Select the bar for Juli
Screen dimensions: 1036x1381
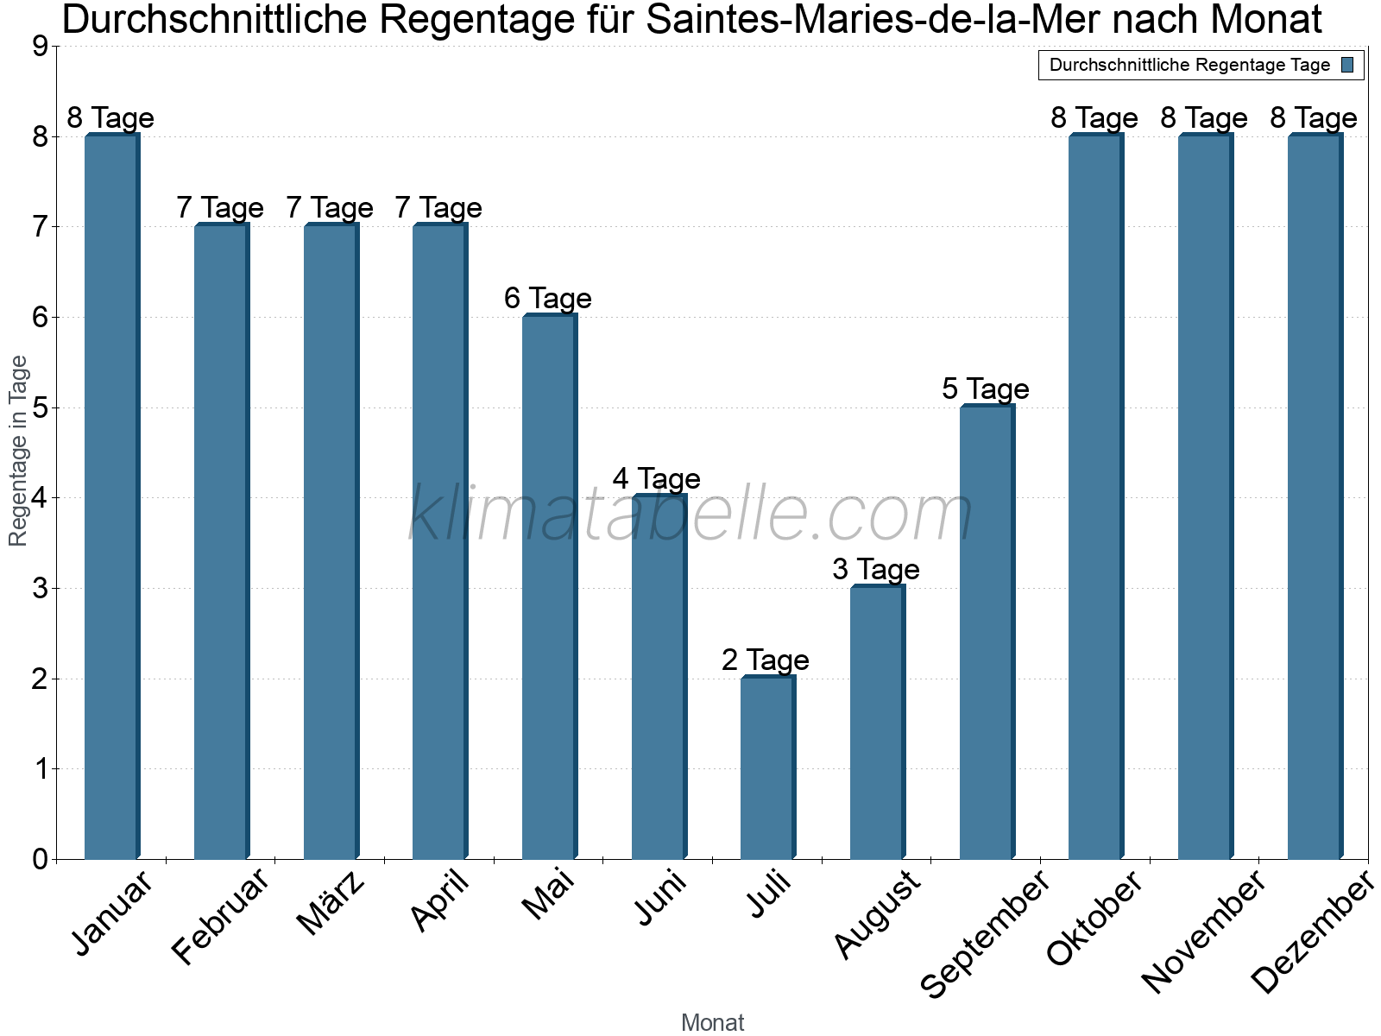point(767,768)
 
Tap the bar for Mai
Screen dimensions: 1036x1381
point(549,587)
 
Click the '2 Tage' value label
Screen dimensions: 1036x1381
point(766,660)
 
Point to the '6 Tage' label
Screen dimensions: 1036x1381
point(547,299)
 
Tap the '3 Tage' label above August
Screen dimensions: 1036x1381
point(875,570)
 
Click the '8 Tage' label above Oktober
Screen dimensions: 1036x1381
point(1094,118)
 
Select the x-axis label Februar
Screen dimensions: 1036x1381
point(221,917)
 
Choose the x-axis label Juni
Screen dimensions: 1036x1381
point(661,898)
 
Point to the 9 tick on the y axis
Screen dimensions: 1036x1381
point(40,47)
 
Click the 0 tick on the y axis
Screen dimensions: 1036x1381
point(40,859)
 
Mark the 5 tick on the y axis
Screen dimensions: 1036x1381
point(40,407)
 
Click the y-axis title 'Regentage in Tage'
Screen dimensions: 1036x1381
point(19,451)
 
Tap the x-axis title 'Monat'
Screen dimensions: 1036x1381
point(712,1022)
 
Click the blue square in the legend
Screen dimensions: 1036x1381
point(1348,65)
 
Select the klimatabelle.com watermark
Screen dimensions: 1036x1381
point(690,514)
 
